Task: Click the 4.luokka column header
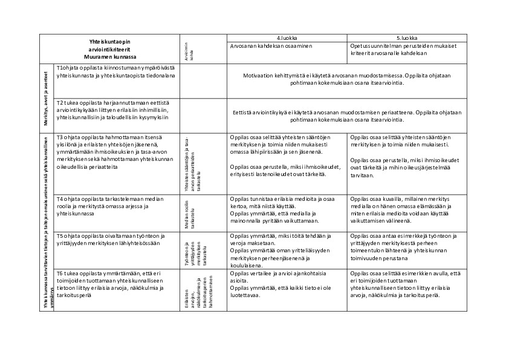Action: (287, 38)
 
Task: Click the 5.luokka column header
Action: (407, 38)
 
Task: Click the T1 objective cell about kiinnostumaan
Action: (116, 72)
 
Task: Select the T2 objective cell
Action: (116, 110)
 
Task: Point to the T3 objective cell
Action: (116, 153)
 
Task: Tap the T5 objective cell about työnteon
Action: (116, 239)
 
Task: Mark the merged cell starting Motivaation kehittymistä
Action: (347, 80)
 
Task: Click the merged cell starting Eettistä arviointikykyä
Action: (347, 116)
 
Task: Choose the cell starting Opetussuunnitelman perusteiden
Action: (407, 50)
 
